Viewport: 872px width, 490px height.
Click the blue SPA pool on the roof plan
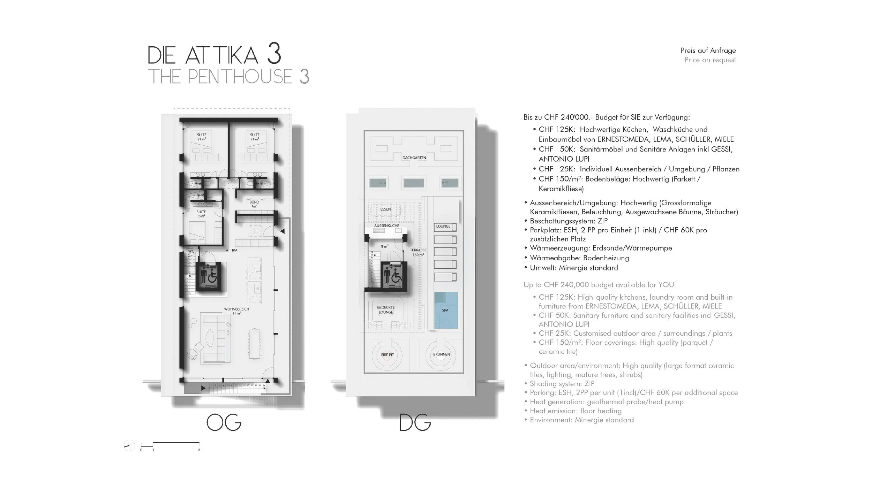pyautogui.click(x=445, y=310)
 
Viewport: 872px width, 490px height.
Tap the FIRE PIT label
pyautogui.click(x=387, y=355)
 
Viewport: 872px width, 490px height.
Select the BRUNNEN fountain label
pyautogui.click(x=441, y=354)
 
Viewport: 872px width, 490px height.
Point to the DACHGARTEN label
pyautogui.click(x=414, y=158)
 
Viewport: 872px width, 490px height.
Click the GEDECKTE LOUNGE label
pyautogui.click(x=385, y=310)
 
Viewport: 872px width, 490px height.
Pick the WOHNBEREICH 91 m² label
pyautogui.click(x=236, y=311)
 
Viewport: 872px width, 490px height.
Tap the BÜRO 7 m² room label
pyautogui.click(x=254, y=204)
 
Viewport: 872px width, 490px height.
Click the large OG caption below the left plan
pyautogui.click(x=224, y=423)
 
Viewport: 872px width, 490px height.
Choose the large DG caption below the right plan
pyautogui.click(x=415, y=423)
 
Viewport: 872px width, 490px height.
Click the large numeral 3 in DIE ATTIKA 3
pyautogui.click(x=274, y=55)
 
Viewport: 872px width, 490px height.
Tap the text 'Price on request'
pyautogui.click(x=710, y=60)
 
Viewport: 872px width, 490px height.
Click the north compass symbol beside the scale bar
pyautogui.click(x=129, y=445)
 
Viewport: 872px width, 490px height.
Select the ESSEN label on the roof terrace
pyautogui.click(x=385, y=209)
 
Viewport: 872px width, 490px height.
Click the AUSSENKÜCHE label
pyautogui.click(x=386, y=226)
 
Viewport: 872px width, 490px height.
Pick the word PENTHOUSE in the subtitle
pyautogui.click(x=240, y=77)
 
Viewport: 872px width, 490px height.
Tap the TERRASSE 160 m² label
pyautogui.click(x=418, y=252)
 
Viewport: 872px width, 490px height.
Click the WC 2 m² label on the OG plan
pyautogui.click(x=191, y=253)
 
